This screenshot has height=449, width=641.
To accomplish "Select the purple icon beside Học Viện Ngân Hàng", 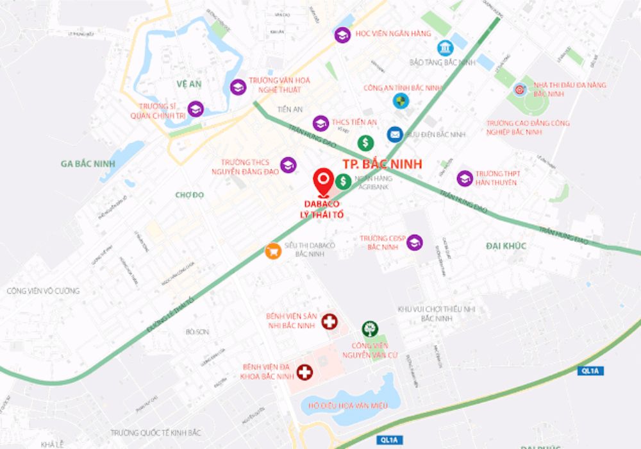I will [342, 35].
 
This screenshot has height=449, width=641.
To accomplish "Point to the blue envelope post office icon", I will [395, 134].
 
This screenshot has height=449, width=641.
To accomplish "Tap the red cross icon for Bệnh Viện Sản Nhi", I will [329, 322].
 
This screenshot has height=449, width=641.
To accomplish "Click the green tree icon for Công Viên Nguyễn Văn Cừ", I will [369, 330].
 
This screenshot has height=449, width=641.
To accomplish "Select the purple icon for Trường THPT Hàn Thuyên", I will [465, 178].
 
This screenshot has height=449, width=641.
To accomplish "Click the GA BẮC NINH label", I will [88, 164].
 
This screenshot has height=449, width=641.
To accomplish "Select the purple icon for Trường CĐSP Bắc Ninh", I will [415, 242].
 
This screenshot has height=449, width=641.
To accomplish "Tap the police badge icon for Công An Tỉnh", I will [401, 99].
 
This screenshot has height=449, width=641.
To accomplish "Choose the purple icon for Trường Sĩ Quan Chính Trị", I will [195, 109].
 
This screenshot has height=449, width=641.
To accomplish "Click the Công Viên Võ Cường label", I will [43, 291].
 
